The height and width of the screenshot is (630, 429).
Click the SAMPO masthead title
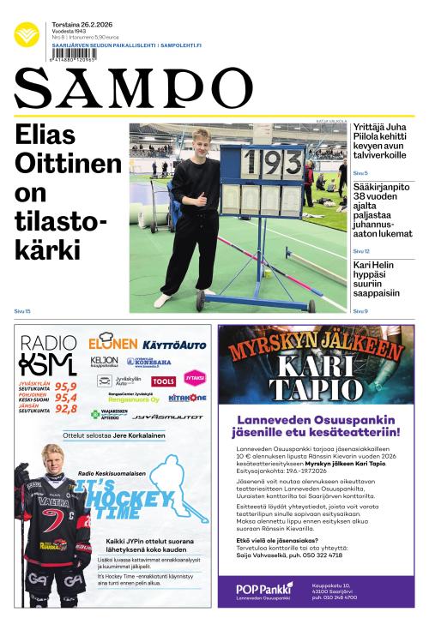(133, 88)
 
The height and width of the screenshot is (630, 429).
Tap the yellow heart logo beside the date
(27, 34)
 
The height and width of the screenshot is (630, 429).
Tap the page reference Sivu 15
(22, 311)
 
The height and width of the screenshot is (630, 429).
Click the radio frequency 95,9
(66, 387)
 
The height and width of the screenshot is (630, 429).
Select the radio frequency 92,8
(66, 410)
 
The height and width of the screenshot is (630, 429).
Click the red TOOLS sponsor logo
(164, 381)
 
